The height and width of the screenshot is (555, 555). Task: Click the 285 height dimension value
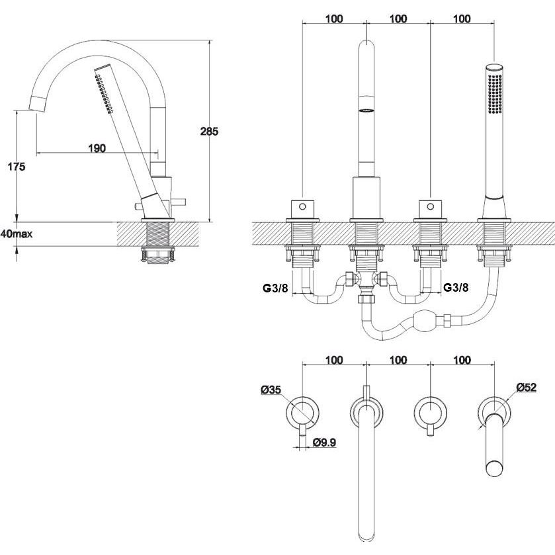click(x=209, y=132)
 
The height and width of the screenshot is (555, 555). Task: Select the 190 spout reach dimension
click(x=97, y=148)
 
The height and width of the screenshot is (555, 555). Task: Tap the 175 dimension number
click(x=17, y=166)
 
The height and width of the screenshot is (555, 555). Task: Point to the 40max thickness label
click(x=17, y=234)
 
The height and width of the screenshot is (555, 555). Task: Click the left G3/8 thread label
click(x=275, y=288)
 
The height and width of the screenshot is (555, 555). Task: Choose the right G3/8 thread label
click(x=456, y=287)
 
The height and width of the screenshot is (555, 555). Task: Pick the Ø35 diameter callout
click(x=271, y=390)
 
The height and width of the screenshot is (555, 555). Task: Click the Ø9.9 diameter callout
click(x=324, y=442)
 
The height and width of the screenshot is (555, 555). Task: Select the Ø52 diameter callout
click(x=527, y=387)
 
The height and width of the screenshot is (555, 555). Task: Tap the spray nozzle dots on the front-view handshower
click(x=495, y=94)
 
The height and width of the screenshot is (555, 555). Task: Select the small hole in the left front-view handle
click(x=302, y=206)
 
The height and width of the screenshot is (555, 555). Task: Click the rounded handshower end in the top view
click(x=495, y=468)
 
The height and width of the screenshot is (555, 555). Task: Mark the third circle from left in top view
click(x=430, y=413)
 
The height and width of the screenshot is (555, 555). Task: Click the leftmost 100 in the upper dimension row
click(x=334, y=19)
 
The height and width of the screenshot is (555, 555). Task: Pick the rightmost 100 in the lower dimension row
click(x=462, y=361)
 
